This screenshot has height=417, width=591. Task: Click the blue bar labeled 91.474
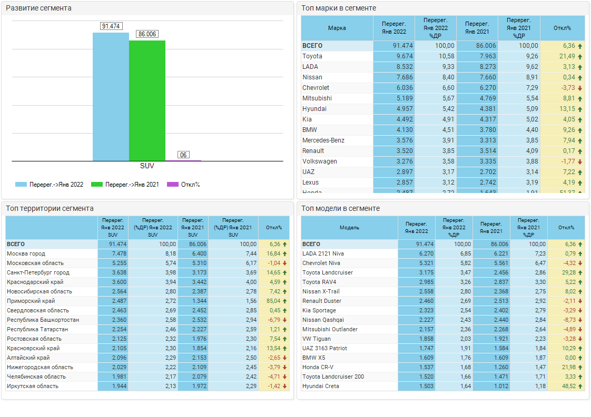tap(111, 97)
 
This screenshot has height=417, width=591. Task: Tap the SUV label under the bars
tap(147, 166)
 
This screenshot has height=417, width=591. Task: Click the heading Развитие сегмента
tap(38, 8)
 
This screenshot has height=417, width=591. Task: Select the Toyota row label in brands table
tap(312, 56)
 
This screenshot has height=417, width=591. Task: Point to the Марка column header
tap(337, 28)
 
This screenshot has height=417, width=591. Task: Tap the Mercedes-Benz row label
tap(323, 140)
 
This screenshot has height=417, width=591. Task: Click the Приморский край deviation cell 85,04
tap(274, 301)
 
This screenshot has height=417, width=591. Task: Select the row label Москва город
tap(26, 253)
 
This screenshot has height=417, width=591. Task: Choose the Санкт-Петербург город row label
tap(38, 272)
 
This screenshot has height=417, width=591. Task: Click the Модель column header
tap(349, 228)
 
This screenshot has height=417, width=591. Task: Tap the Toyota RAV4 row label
tap(319, 282)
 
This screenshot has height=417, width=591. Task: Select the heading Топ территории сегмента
tap(50, 208)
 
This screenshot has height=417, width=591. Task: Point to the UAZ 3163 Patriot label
tap(324, 348)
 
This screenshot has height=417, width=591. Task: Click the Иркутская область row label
tap(33, 386)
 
